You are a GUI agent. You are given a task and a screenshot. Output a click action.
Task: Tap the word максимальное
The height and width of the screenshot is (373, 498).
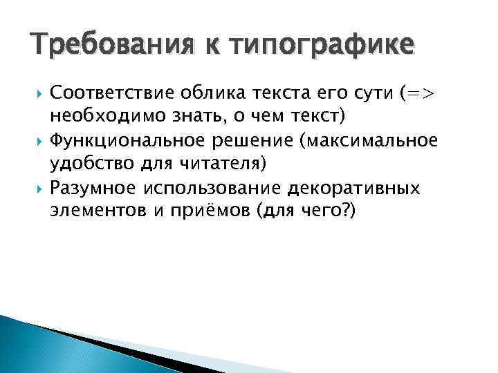[x=373, y=141]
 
